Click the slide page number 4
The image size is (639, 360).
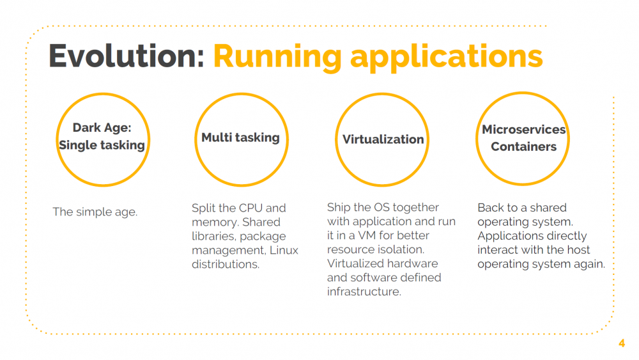point(622,343)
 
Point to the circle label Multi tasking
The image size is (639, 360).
point(240,137)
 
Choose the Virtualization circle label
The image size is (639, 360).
point(383,139)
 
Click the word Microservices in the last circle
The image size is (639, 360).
point(523,130)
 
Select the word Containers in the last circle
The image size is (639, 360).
point(523,147)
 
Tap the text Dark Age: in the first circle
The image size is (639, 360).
point(102,128)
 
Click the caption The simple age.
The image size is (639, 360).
point(95,212)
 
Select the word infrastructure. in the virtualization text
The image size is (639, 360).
point(364,292)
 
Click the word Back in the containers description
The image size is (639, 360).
point(491,208)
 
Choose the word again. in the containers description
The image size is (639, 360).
point(587,264)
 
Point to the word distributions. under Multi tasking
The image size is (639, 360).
point(226,264)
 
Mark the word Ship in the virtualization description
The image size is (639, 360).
point(339,207)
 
